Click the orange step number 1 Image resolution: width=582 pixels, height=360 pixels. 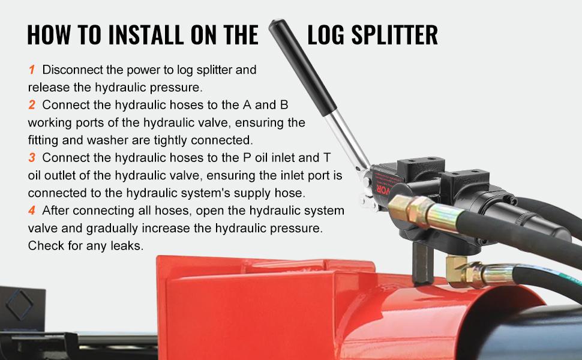coord(31,70)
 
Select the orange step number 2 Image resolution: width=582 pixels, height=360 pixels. coord(32,105)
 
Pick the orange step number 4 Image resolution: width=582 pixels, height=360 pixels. coord(32,211)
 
